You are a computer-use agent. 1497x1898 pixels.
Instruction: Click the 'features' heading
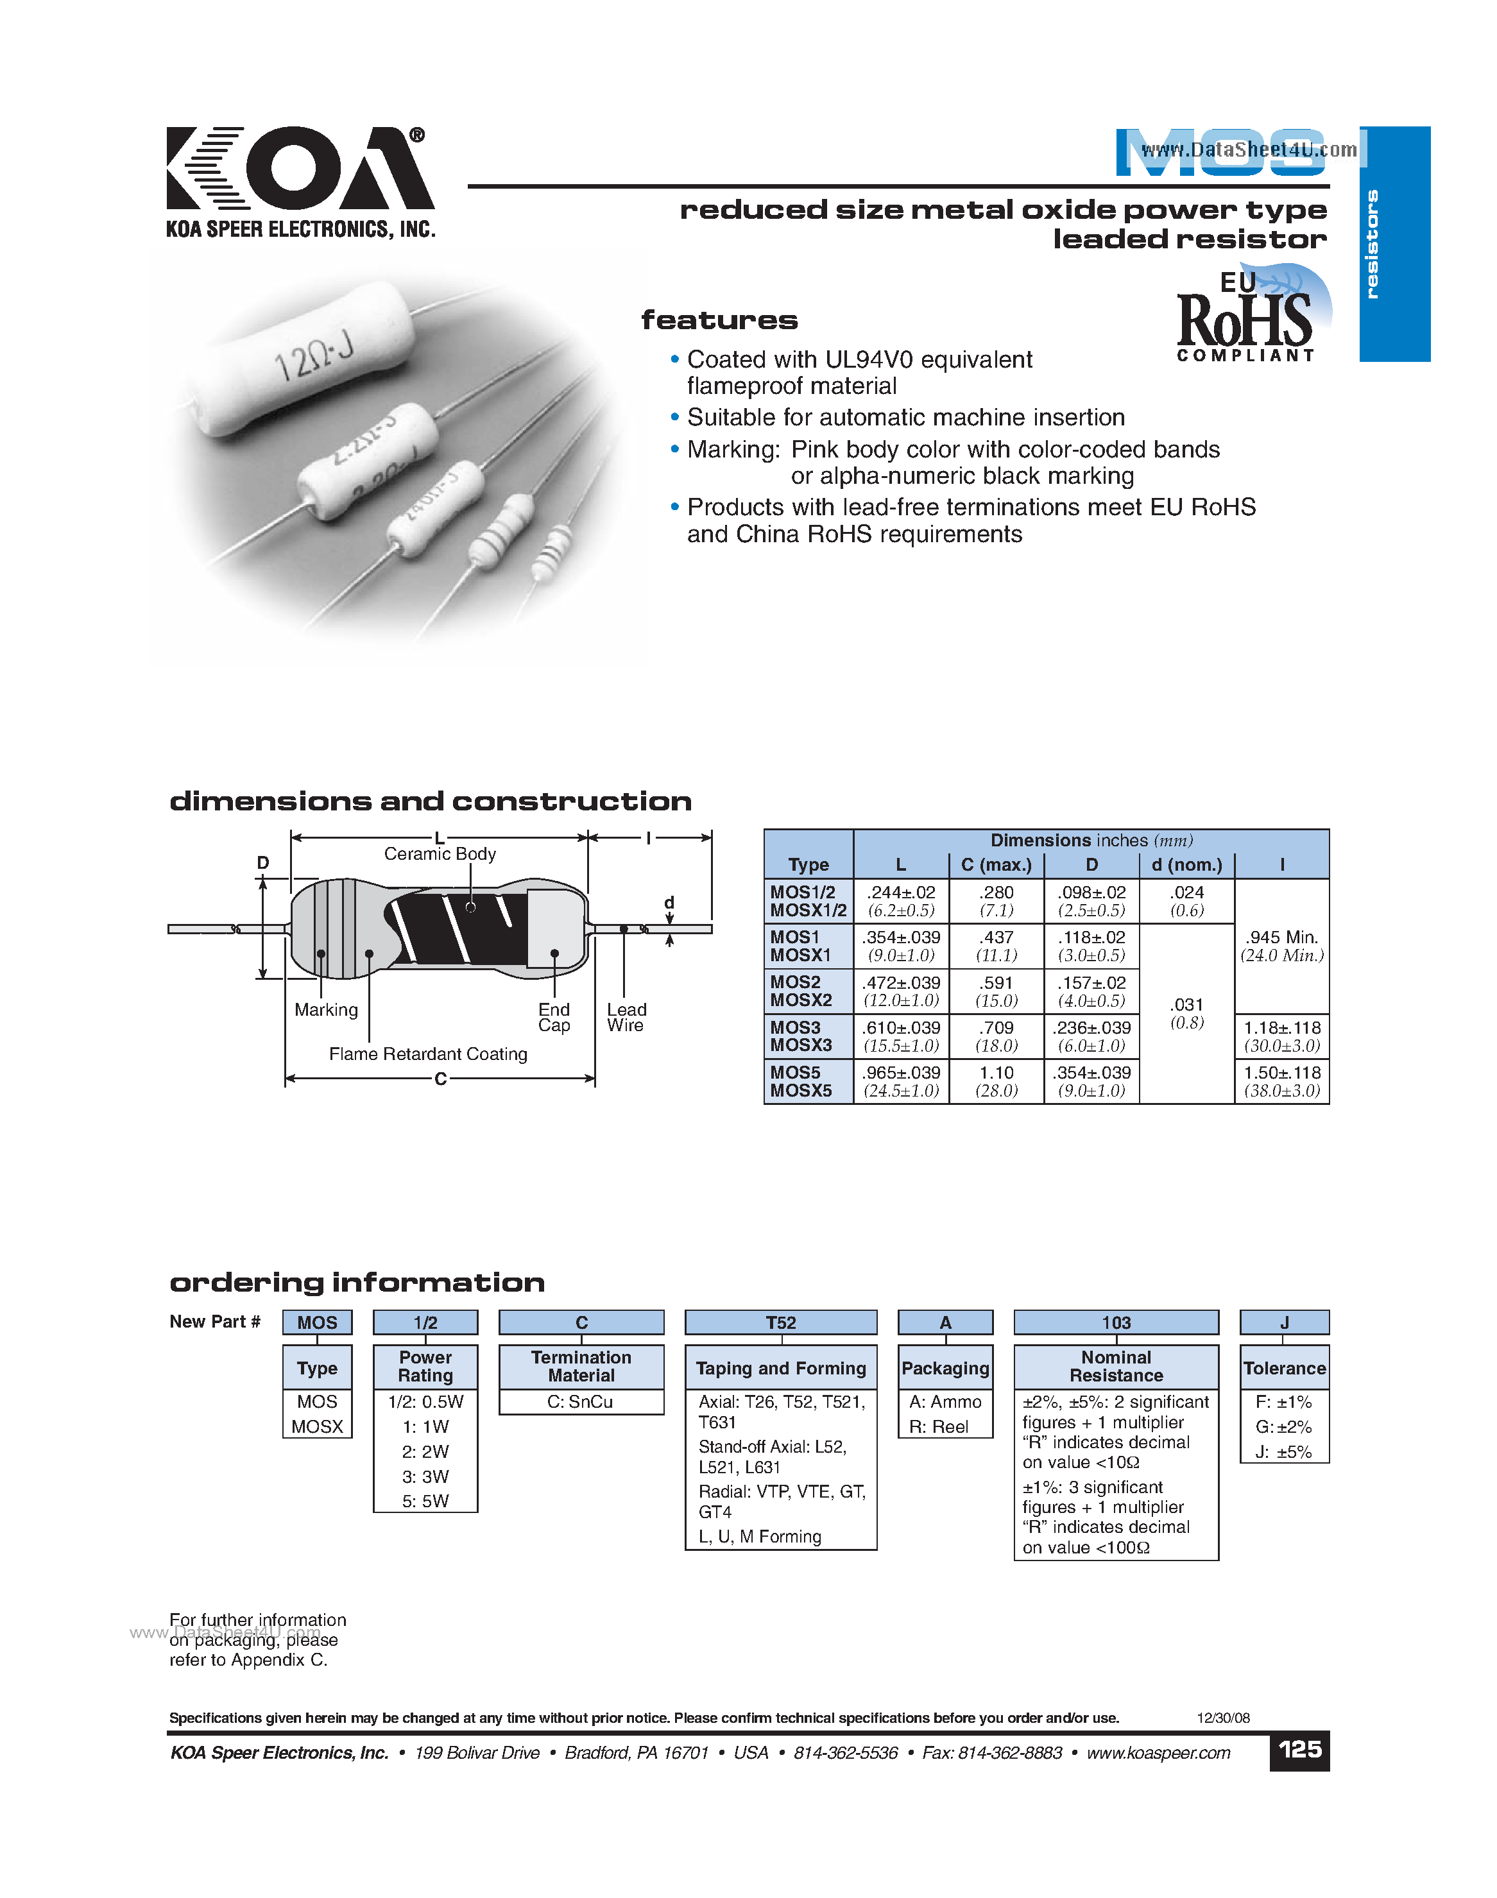(719, 320)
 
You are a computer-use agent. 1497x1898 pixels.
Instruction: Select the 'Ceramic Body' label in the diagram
(440, 853)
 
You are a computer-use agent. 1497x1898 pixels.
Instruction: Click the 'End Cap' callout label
(554, 1018)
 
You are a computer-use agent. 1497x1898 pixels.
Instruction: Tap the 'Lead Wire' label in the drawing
(627, 1018)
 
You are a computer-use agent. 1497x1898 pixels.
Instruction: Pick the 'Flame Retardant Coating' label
(428, 1054)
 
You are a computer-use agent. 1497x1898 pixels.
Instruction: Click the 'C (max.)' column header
(997, 865)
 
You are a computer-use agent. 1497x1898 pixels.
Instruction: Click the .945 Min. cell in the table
(1281, 946)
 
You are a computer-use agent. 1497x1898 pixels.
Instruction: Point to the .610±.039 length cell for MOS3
(901, 1036)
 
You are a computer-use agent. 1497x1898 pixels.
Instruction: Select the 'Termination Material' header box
(581, 1366)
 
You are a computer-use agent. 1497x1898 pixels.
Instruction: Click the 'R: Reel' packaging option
(938, 1426)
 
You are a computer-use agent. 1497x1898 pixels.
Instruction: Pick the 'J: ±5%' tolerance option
(1283, 1452)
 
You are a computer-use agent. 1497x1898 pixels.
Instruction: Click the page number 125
(1299, 1750)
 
